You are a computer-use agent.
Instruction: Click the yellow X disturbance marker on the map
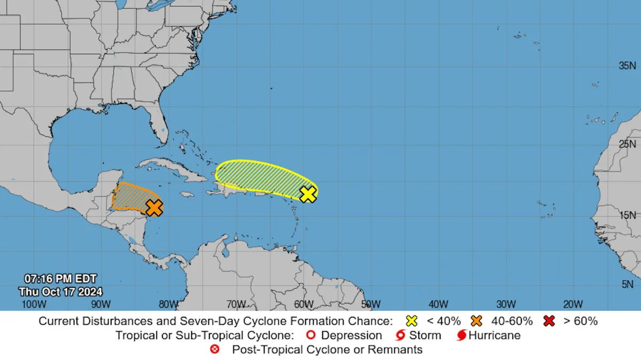click(308, 194)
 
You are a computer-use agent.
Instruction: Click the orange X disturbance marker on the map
click(154, 207)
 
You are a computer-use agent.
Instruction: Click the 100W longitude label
click(32, 304)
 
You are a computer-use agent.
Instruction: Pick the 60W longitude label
click(303, 304)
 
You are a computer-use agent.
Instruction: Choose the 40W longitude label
click(438, 304)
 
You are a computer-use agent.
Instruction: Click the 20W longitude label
click(573, 304)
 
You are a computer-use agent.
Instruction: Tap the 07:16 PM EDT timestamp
click(60, 279)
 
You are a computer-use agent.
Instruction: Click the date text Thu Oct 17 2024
click(60, 292)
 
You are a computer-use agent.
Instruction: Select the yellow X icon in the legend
click(412, 321)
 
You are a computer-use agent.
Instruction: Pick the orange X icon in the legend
click(477, 321)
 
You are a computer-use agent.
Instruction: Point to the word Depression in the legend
click(351, 335)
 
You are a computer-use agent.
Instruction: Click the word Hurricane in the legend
click(495, 335)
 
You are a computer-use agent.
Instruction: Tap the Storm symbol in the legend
click(400, 335)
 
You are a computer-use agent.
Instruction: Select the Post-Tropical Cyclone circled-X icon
click(215, 350)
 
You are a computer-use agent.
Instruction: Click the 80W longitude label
click(168, 304)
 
